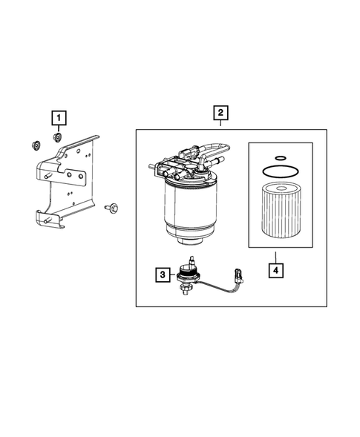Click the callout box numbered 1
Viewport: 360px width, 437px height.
pyautogui.click(x=59, y=118)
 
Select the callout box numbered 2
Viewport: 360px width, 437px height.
pyautogui.click(x=220, y=113)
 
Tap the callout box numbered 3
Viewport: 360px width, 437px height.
pyautogui.click(x=163, y=275)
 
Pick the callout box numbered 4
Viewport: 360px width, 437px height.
pyautogui.click(x=276, y=270)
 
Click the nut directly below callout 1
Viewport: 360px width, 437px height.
pyautogui.click(x=57, y=137)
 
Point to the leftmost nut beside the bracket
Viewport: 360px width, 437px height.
pyautogui.click(x=36, y=145)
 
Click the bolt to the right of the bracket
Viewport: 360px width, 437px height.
pyautogui.click(x=111, y=208)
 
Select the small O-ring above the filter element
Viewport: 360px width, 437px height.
pyautogui.click(x=281, y=158)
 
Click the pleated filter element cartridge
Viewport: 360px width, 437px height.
pyautogui.click(x=281, y=210)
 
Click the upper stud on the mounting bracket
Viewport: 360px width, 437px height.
pyautogui.click(x=48, y=176)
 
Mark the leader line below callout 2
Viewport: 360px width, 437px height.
pyautogui.click(x=220, y=123)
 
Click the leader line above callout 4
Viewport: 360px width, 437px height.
pyautogui.click(x=276, y=257)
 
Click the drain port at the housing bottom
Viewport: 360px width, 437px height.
pyautogui.click(x=191, y=241)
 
